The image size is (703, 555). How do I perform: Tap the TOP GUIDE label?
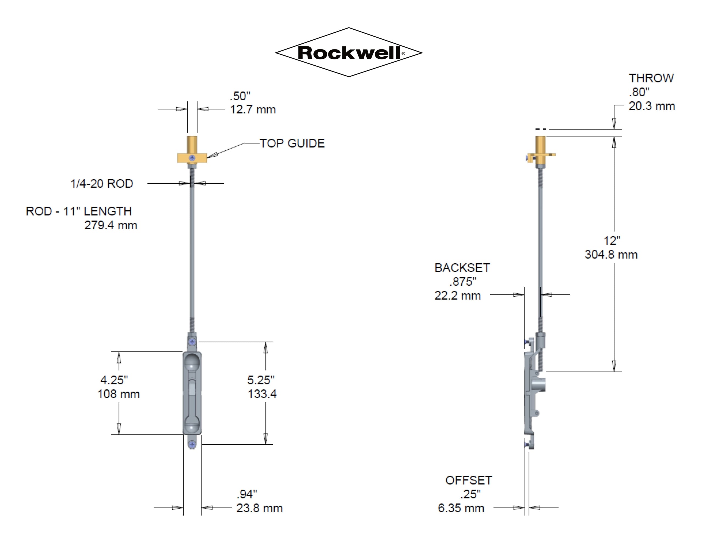tap(292, 143)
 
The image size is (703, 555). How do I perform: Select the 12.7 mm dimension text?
tap(253, 110)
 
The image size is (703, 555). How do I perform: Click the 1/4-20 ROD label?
tap(102, 184)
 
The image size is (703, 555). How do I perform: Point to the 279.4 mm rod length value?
tap(111, 225)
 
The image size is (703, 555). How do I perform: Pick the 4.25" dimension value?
tap(114, 380)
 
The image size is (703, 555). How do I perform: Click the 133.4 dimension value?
tap(262, 394)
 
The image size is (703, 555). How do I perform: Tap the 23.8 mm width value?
tap(259, 508)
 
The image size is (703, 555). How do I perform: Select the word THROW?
tap(651, 78)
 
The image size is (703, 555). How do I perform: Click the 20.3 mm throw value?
tap(652, 106)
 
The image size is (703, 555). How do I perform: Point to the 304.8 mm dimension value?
tap(611, 254)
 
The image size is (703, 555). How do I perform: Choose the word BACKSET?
tap(462, 268)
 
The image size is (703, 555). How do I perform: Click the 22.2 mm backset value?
tap(457, 295)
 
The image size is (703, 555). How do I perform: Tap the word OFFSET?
tap(468, 480)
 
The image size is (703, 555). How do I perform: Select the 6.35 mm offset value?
tap(461, 508)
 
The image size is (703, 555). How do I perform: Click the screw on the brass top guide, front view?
tap(192, 158)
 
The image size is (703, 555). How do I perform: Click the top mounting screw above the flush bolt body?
tap(192, 342)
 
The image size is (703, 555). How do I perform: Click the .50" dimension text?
tap(240, 96)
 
